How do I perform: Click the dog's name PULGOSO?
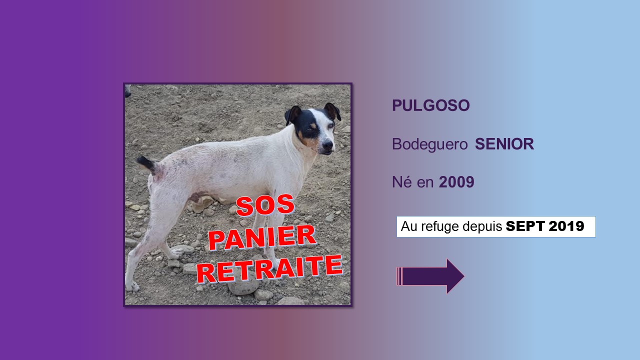click(431, 105)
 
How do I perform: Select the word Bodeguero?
click(429, 144)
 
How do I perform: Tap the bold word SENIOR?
click(504, 144)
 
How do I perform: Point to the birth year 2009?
click(456, 182)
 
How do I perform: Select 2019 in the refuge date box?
click(566, 226)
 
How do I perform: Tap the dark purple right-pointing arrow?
click(430, 276)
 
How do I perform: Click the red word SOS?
click(265, 205)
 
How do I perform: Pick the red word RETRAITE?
click(269, 269)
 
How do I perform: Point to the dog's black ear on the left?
click(292, 114)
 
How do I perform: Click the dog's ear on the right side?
click(333, 111)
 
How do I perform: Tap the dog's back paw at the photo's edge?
click(132, 285)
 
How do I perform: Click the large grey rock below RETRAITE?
click(243, 287)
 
